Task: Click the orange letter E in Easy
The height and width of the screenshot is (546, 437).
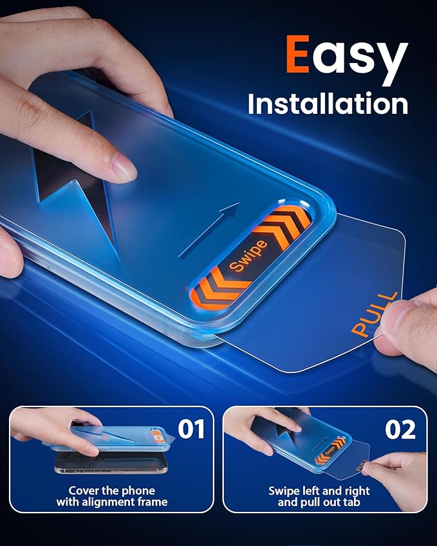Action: click(x=298, y=54)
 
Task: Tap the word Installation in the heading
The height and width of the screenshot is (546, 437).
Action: click(x=328, y=104)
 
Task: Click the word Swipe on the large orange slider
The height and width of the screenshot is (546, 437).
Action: click(x=248, y=255)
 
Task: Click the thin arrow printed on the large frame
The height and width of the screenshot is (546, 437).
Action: click(x=209, y=230)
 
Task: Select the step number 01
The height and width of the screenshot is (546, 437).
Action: click(x=191, y=429)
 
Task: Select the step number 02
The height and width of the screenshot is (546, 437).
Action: click(x=400, y=430)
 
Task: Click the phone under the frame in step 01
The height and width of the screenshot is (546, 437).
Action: click(x=111, y=464)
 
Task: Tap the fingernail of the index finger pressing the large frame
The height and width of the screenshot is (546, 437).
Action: click(x=125, y=167)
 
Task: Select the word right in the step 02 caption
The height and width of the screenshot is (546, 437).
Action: click(x=357, y=491)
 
